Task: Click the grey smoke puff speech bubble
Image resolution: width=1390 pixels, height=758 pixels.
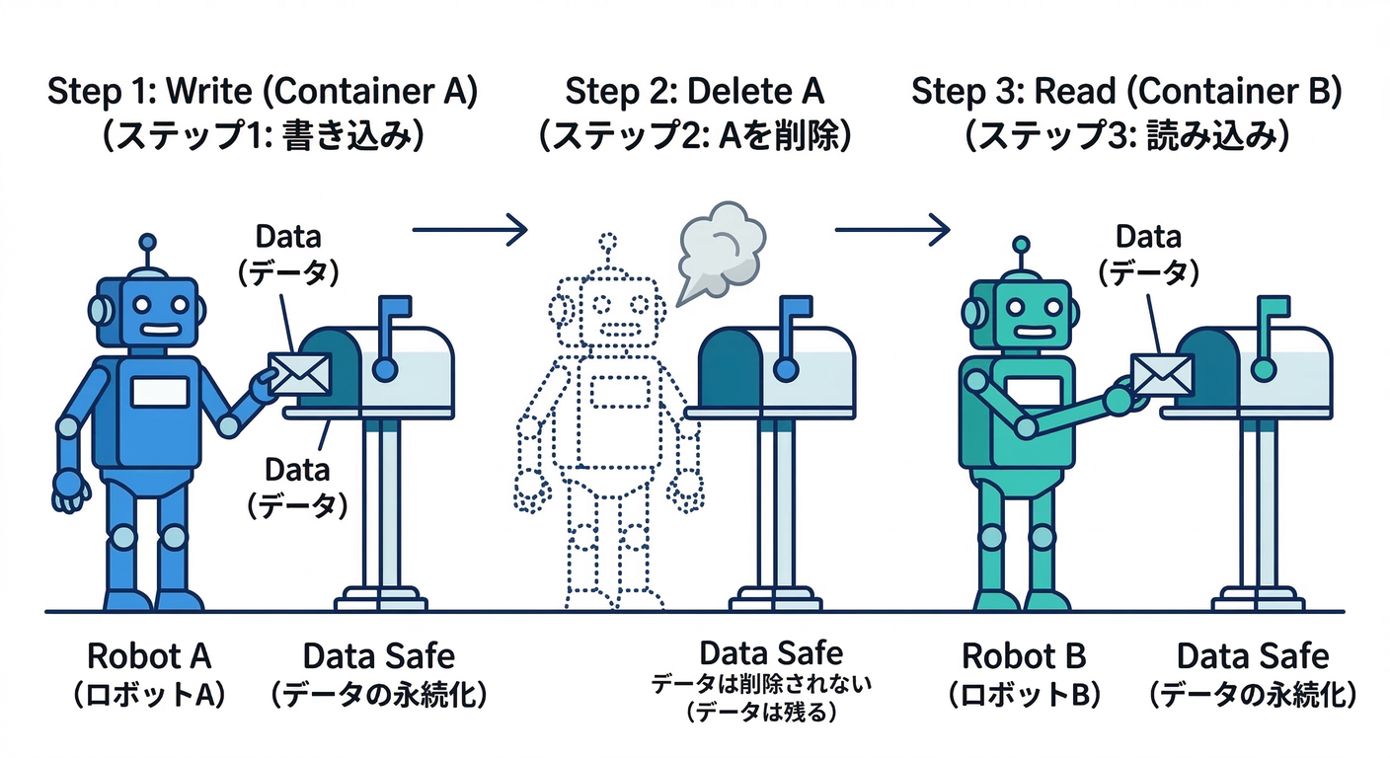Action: click(x=720, y=249)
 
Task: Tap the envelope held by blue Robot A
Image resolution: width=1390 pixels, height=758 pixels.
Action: click(x=297, y=373)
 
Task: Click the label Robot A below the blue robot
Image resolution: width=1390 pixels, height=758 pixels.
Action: click(x=149, y=656)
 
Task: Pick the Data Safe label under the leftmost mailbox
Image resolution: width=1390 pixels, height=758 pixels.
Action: click(x=379, y=656)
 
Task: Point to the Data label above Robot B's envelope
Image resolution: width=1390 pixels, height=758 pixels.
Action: click(x=1148, y=237)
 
